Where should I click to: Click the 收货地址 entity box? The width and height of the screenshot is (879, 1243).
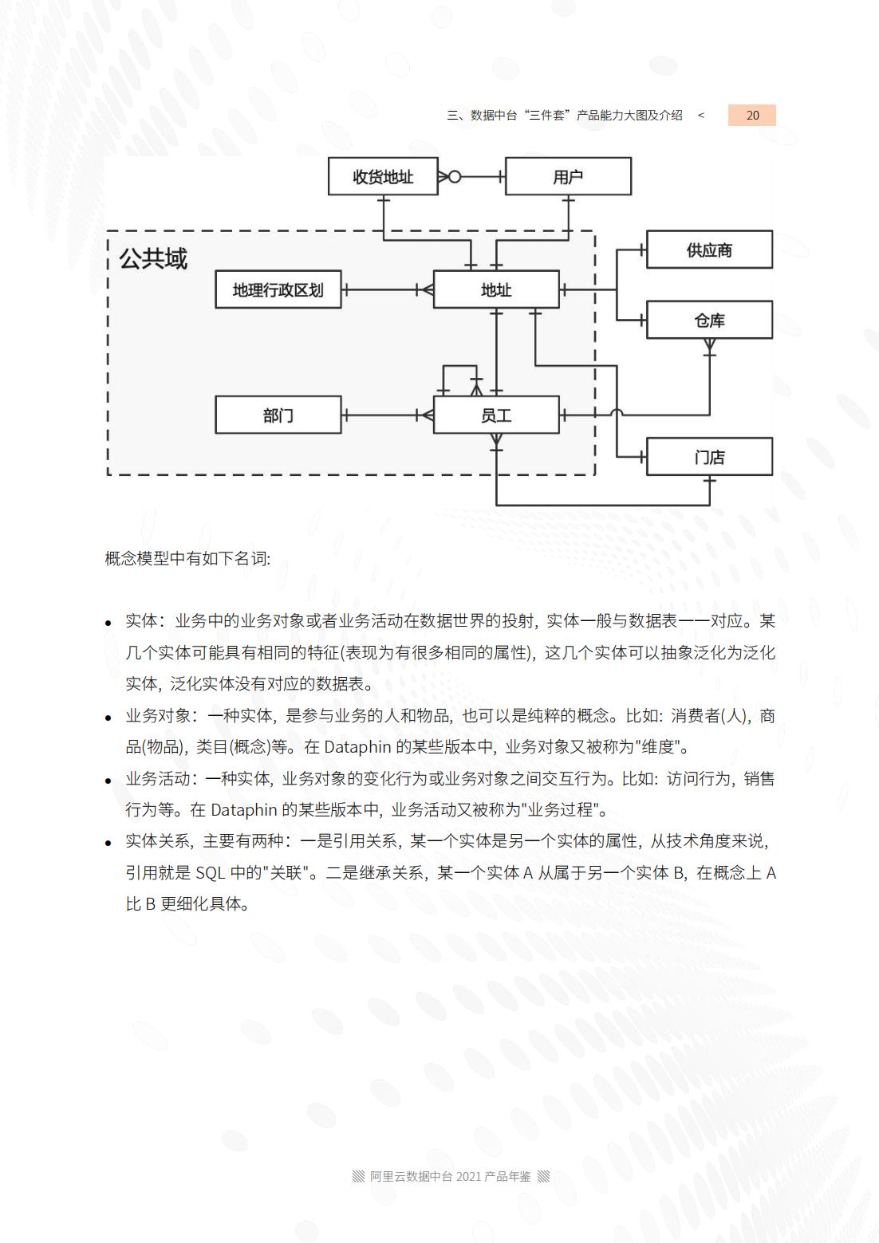pos(383,176)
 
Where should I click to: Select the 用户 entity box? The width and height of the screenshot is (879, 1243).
pos(568,176)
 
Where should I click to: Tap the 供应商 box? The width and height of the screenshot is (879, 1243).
pos(709,250)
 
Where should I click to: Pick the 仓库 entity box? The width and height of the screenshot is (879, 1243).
pos(709,320)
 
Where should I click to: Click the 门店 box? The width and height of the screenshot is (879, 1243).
pos(709,457)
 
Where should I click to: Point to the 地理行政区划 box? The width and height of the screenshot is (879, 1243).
pos(278,289)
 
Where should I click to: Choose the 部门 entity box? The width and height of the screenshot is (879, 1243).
pos(278,415)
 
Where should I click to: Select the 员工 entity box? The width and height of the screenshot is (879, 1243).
pos(495,415)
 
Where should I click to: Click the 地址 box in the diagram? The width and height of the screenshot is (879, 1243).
pos(495,289)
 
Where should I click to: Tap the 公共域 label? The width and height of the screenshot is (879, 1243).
pos(152,258)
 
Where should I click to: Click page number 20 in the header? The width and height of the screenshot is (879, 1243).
pos(752,115)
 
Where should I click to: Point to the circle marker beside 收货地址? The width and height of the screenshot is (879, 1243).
pos(455,176)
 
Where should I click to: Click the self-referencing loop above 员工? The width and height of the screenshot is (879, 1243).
pos(459,367)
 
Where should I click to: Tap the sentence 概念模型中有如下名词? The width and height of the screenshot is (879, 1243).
pos(187,558)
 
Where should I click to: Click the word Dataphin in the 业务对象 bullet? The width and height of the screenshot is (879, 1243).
pos(357,747)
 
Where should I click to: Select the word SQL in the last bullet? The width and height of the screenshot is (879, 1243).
pos(211,872)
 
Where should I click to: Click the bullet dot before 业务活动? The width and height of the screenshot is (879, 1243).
pos(108,781)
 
